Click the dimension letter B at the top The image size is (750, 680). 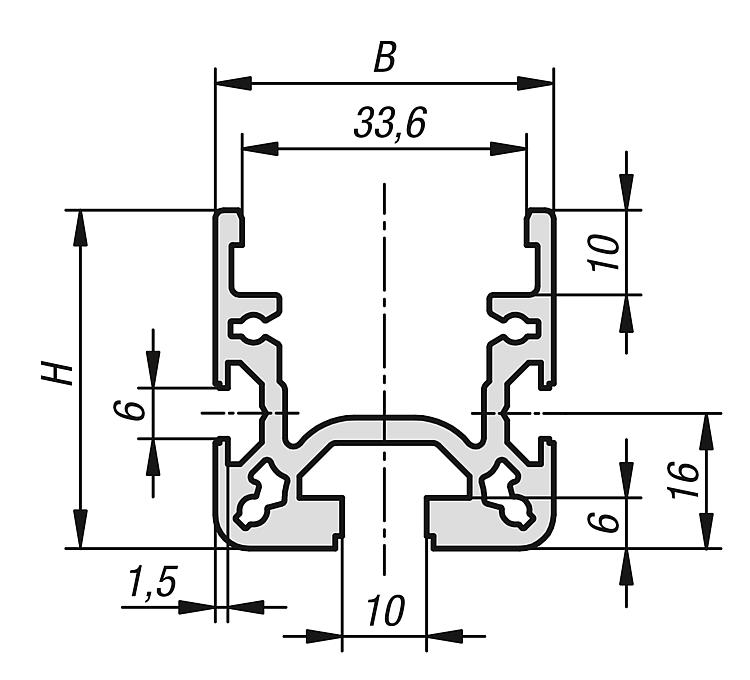coord(385,58)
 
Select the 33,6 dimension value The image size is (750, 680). coord(389,124)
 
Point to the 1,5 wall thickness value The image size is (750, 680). coord(153,582)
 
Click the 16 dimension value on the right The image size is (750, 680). coord(684,480)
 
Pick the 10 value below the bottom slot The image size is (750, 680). coord(386,611)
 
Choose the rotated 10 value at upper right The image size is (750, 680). coord(604,253)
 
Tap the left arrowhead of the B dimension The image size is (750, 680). coord(234,83)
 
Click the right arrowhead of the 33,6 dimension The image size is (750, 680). coord(508,149)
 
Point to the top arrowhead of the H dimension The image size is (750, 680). coord(80,228)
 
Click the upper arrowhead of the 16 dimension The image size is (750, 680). coord(707,430)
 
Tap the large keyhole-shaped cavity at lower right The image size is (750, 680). coord(506,494)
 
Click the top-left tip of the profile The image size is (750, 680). coord(216,210)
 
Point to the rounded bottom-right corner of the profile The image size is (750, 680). coord(549,539)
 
